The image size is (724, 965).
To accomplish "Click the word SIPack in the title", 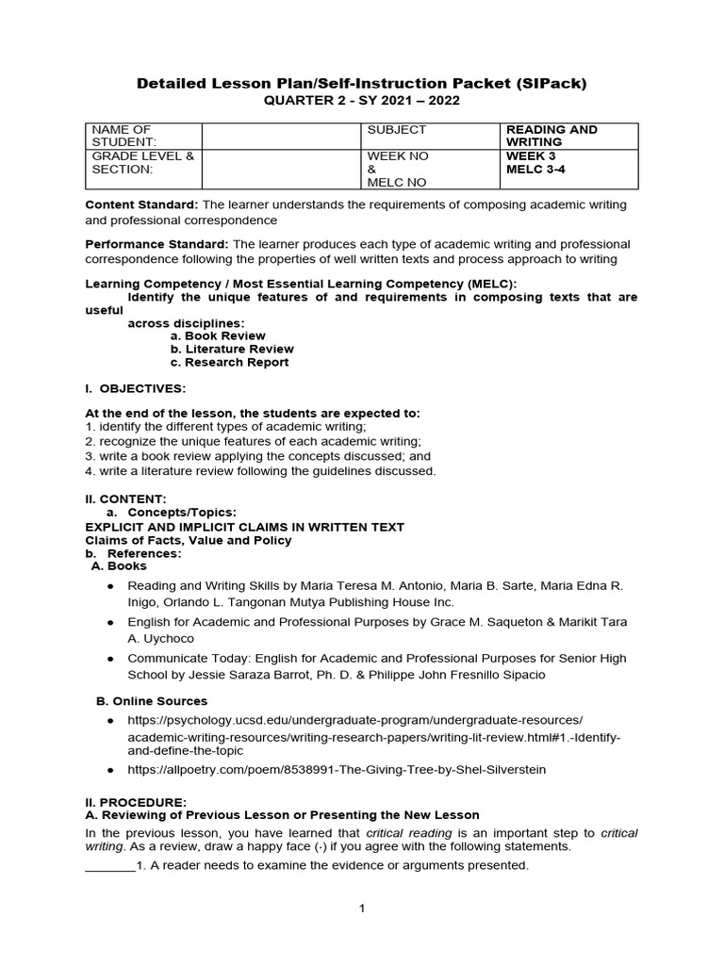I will (553, 83).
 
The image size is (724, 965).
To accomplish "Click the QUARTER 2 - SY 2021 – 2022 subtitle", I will (362, 101).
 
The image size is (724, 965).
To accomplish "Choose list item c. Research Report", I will (229, 362).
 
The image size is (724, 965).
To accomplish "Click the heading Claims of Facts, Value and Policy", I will (189, 540).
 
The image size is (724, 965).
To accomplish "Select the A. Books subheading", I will (119, 566).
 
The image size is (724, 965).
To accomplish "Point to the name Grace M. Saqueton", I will (510, 622).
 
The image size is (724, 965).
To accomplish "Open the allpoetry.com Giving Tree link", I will (337, 769).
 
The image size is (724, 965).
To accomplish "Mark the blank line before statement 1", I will (109, 865).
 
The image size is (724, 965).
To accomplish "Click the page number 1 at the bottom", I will (361, 908).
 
